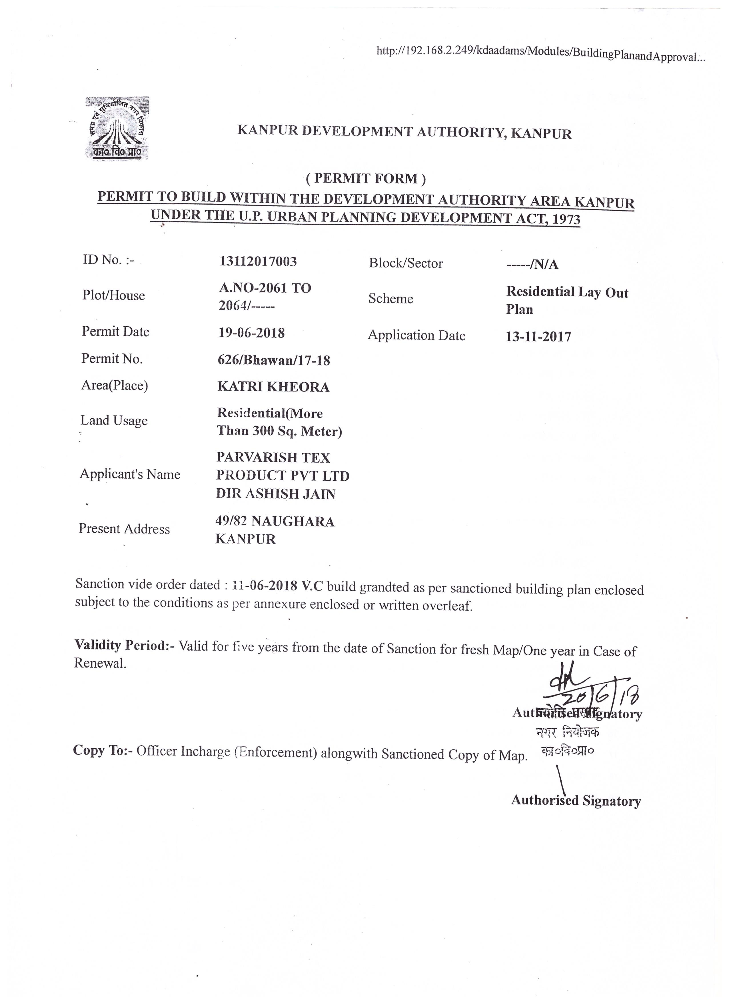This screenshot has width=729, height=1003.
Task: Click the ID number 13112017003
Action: [258, 261]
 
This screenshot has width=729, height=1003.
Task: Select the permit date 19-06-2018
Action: [252, 333]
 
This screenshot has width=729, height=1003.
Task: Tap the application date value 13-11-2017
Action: [538, 337]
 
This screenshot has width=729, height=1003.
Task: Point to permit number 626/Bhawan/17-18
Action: [274, 360]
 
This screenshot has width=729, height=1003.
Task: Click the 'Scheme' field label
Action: [390, 299]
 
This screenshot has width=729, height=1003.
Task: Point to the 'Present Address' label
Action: [124, 529]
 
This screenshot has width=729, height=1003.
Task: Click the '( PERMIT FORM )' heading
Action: [366, 179]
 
